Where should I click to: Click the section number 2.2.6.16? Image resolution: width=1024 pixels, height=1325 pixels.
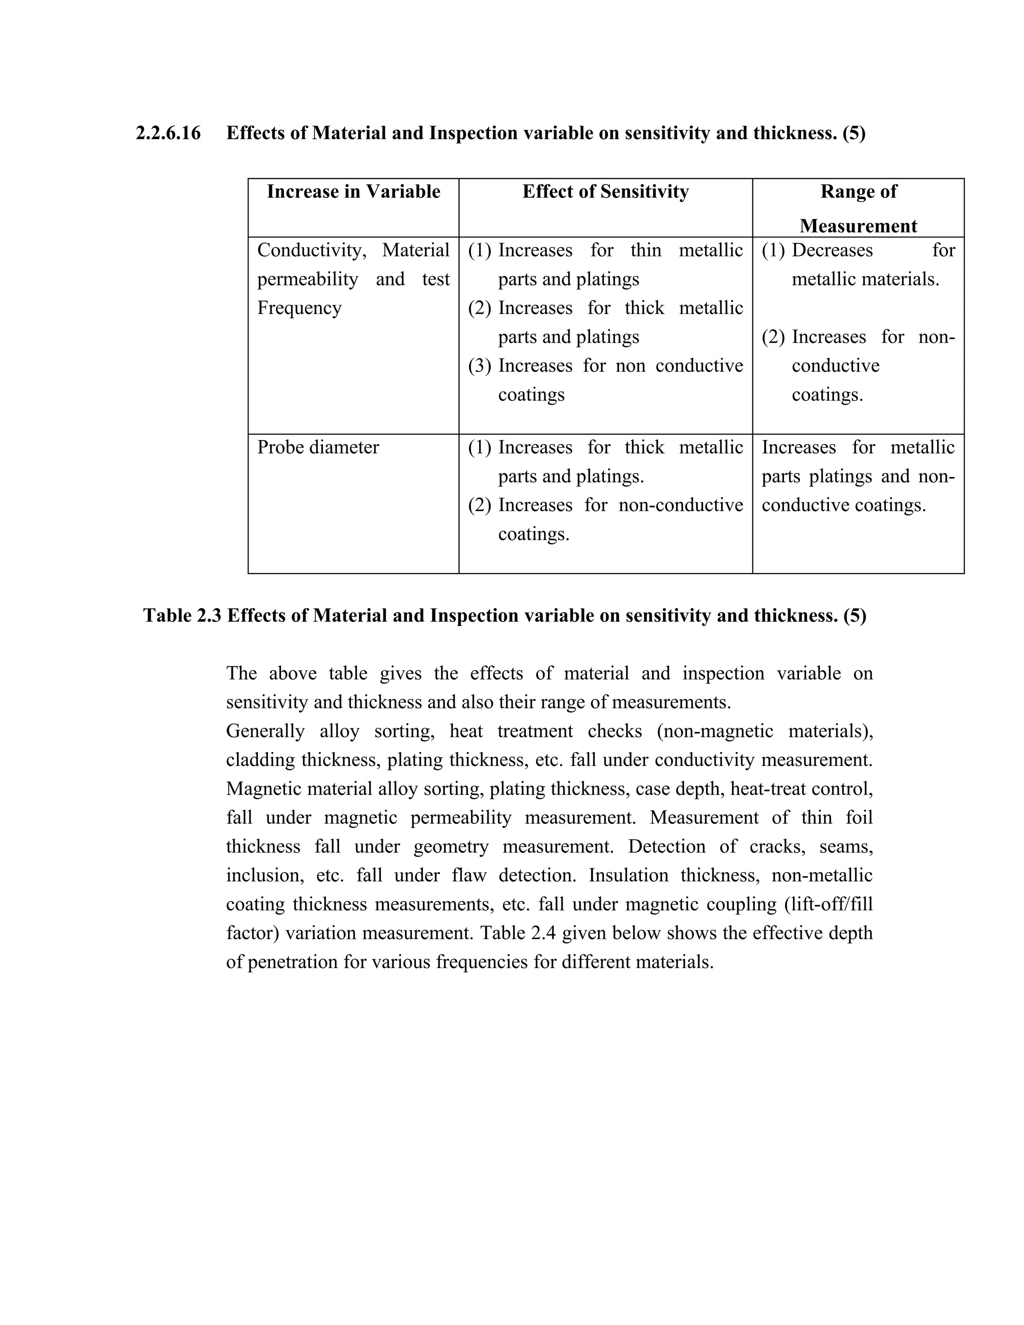(168, 133)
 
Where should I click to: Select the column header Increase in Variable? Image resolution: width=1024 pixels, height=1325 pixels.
(353, 191)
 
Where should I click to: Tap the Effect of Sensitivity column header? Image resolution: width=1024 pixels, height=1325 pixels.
(605, 191)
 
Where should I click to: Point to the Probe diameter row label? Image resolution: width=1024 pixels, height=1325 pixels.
(318, 447)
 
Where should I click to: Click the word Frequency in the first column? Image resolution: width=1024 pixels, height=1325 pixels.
(299, 308)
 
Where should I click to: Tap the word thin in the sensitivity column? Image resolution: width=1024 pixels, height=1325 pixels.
(645, 250)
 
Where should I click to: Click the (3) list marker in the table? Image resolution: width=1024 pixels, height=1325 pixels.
(479, 366)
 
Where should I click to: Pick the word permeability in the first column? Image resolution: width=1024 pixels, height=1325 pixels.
(307, 279)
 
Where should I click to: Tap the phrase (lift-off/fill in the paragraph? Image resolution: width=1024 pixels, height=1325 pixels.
(831, 904)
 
